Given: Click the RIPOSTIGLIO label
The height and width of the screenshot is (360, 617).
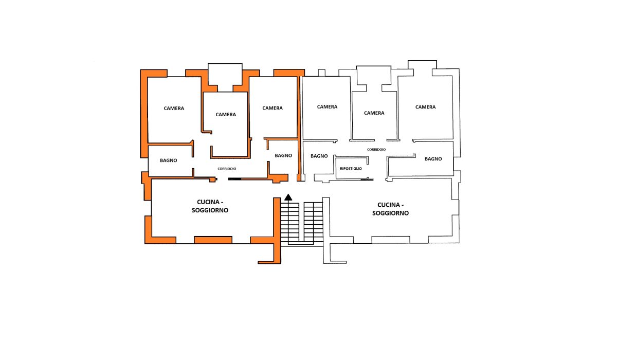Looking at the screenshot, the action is click(x=351, y=169).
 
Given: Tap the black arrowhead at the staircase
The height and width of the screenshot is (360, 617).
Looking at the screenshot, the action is click(x=288, y=197).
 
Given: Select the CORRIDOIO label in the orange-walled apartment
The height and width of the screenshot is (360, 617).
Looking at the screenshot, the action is click(x=227, y=169).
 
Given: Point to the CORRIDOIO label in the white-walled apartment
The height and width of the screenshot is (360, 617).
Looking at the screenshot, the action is click(x=376, y=149).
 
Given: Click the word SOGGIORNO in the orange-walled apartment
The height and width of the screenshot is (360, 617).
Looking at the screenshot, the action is click(x=210, y=210).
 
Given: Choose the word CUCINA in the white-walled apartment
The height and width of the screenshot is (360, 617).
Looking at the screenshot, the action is click(x=388, y=205).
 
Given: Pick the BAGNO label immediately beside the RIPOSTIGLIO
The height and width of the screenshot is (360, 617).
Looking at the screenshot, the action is click(x=319, y=156).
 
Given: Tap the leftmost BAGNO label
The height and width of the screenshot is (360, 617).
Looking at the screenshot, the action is click(x=168, y=160).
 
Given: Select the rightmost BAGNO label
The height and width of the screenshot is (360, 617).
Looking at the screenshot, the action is click(x=433, y=158).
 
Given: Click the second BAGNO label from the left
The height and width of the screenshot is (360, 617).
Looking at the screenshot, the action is click(x=283, y=155).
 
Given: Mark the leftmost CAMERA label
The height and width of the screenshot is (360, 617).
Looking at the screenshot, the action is click(x=174, y=108).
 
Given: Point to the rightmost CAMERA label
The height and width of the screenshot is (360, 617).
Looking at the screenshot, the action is click(x=425, y=107).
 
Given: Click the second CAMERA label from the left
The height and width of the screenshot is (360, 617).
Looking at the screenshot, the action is click(x=226, y=114).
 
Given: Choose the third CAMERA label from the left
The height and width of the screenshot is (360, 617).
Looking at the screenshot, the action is click(x=273, y=108).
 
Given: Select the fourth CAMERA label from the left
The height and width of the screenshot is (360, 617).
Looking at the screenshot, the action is click(x=327, y=106).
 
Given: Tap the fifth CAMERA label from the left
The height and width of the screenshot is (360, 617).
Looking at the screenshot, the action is click(x=374, y=113).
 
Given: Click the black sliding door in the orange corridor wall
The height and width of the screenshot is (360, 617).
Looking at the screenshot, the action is click(x=234, y=179).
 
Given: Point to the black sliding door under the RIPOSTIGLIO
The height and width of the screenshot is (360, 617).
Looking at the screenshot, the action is click(x=367, y=179).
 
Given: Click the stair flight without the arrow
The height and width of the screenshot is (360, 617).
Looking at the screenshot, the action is click(x=314, y=222).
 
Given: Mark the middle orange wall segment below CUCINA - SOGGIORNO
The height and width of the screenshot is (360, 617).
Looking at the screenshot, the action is click(x=213, y=240).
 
